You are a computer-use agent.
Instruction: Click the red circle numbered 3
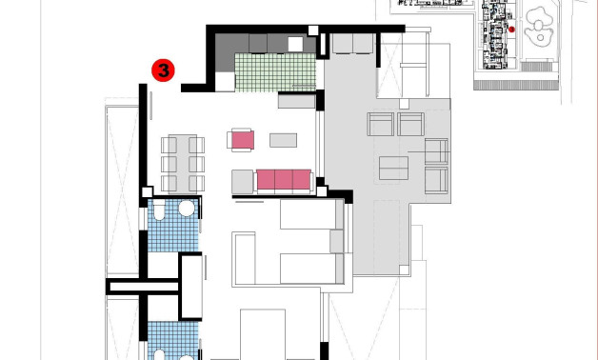click(x=164, y=70)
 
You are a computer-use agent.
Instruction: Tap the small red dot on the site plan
click(x=511, y=30)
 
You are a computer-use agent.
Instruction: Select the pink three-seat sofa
click(x=285, y=179)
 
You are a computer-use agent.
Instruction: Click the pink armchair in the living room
click(x=242, y=140)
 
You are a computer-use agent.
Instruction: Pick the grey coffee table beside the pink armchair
click(x=283, y=140)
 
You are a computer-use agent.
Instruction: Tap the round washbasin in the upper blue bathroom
click(x=187, y=209)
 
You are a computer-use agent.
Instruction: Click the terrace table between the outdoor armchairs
click(x=393, y=168)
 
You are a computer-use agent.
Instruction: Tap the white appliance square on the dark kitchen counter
click(x=295, y=44)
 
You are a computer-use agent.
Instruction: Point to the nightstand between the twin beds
click(x=335, y=242)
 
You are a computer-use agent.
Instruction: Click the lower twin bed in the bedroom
click(x=305, y=269)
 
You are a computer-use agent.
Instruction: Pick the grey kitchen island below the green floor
click(x=296, y=98)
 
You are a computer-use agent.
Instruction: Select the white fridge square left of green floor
click(x=225, y=81)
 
